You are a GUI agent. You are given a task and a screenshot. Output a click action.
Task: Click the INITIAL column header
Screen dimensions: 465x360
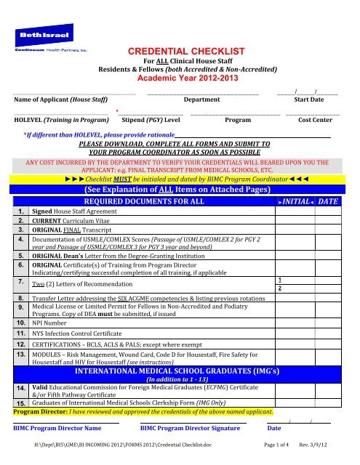(297, 200)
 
